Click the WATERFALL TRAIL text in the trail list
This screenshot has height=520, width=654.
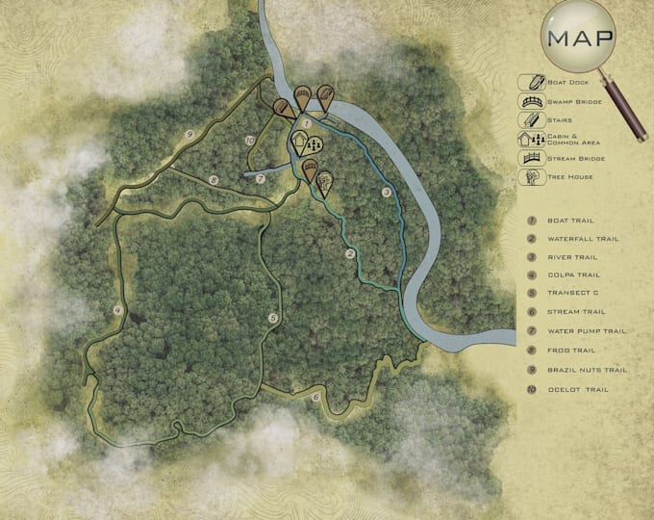point(583,239)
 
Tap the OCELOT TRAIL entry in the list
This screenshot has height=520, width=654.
point(577,389)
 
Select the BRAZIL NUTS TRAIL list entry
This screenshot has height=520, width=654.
point(587,370)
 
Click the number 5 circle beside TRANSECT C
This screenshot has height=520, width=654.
point(531,295)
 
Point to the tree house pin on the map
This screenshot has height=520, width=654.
point(325,180)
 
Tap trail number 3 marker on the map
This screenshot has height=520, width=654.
point(387,193)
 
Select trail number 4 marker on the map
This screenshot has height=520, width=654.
point(117,310)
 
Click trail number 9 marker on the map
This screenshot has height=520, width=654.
point(190,134)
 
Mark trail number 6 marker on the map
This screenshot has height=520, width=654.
point(315,397)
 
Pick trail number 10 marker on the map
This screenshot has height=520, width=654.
point(250,142)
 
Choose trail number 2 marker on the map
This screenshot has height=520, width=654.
point(350,253)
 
